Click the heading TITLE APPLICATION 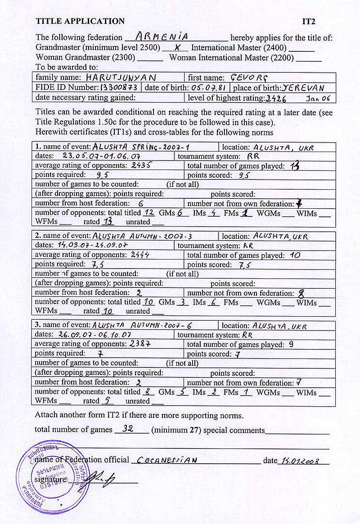pyautogui.click(x=80, y=21)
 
